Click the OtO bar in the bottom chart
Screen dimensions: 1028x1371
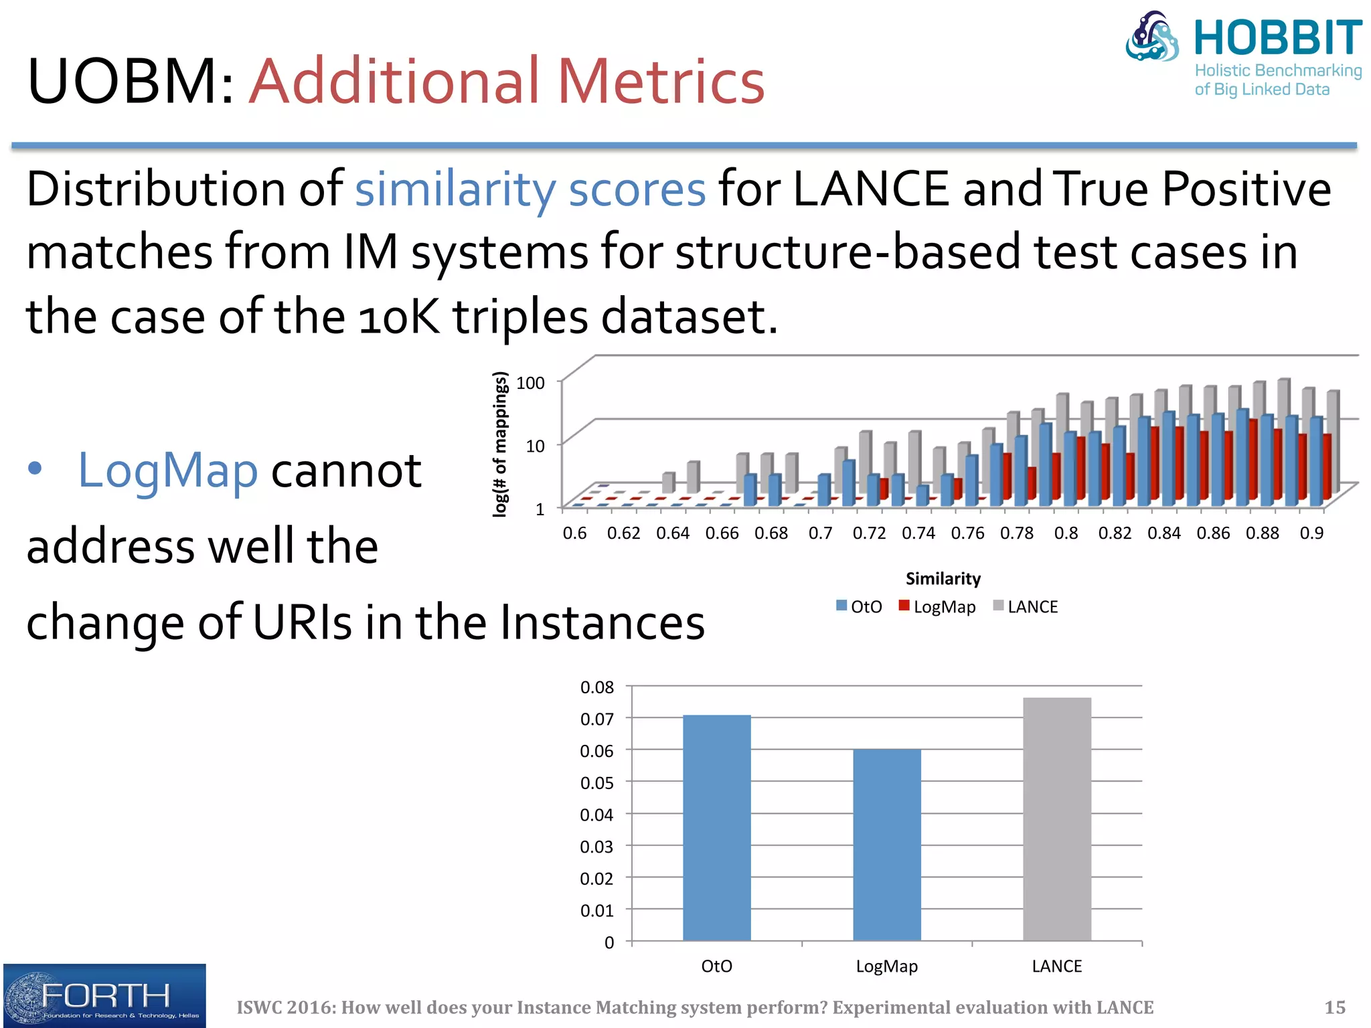tap(716, 828)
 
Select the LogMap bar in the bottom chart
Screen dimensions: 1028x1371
tap(886, 845)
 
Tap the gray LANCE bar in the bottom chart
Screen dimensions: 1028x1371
tap(1056, 819)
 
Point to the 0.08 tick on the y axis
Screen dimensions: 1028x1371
tap(596, 687)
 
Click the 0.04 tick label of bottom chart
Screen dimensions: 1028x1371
tap(596, 815)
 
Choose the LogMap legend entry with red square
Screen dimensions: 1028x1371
tap(937, 606)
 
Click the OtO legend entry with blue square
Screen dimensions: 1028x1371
tap(860, 606)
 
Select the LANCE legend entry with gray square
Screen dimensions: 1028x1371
tap(1026, 606)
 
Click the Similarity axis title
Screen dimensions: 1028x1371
tap(943, 578)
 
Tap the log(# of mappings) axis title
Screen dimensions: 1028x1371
tap(499, 444)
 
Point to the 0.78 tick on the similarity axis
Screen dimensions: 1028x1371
tap(1016, 533)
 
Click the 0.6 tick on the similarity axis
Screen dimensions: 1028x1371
tap(574, 533)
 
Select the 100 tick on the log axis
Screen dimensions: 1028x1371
tap(530, 383)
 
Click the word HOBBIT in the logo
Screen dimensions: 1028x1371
tap(1277, 38)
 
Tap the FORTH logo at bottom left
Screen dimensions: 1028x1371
tap(104, 996)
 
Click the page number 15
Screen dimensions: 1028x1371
tap(1335, 1007)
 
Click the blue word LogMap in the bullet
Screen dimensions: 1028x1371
tap(167, 470)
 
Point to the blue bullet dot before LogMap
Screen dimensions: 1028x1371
tap(35, 468)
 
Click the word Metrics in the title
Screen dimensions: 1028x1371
tap(661, 82)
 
